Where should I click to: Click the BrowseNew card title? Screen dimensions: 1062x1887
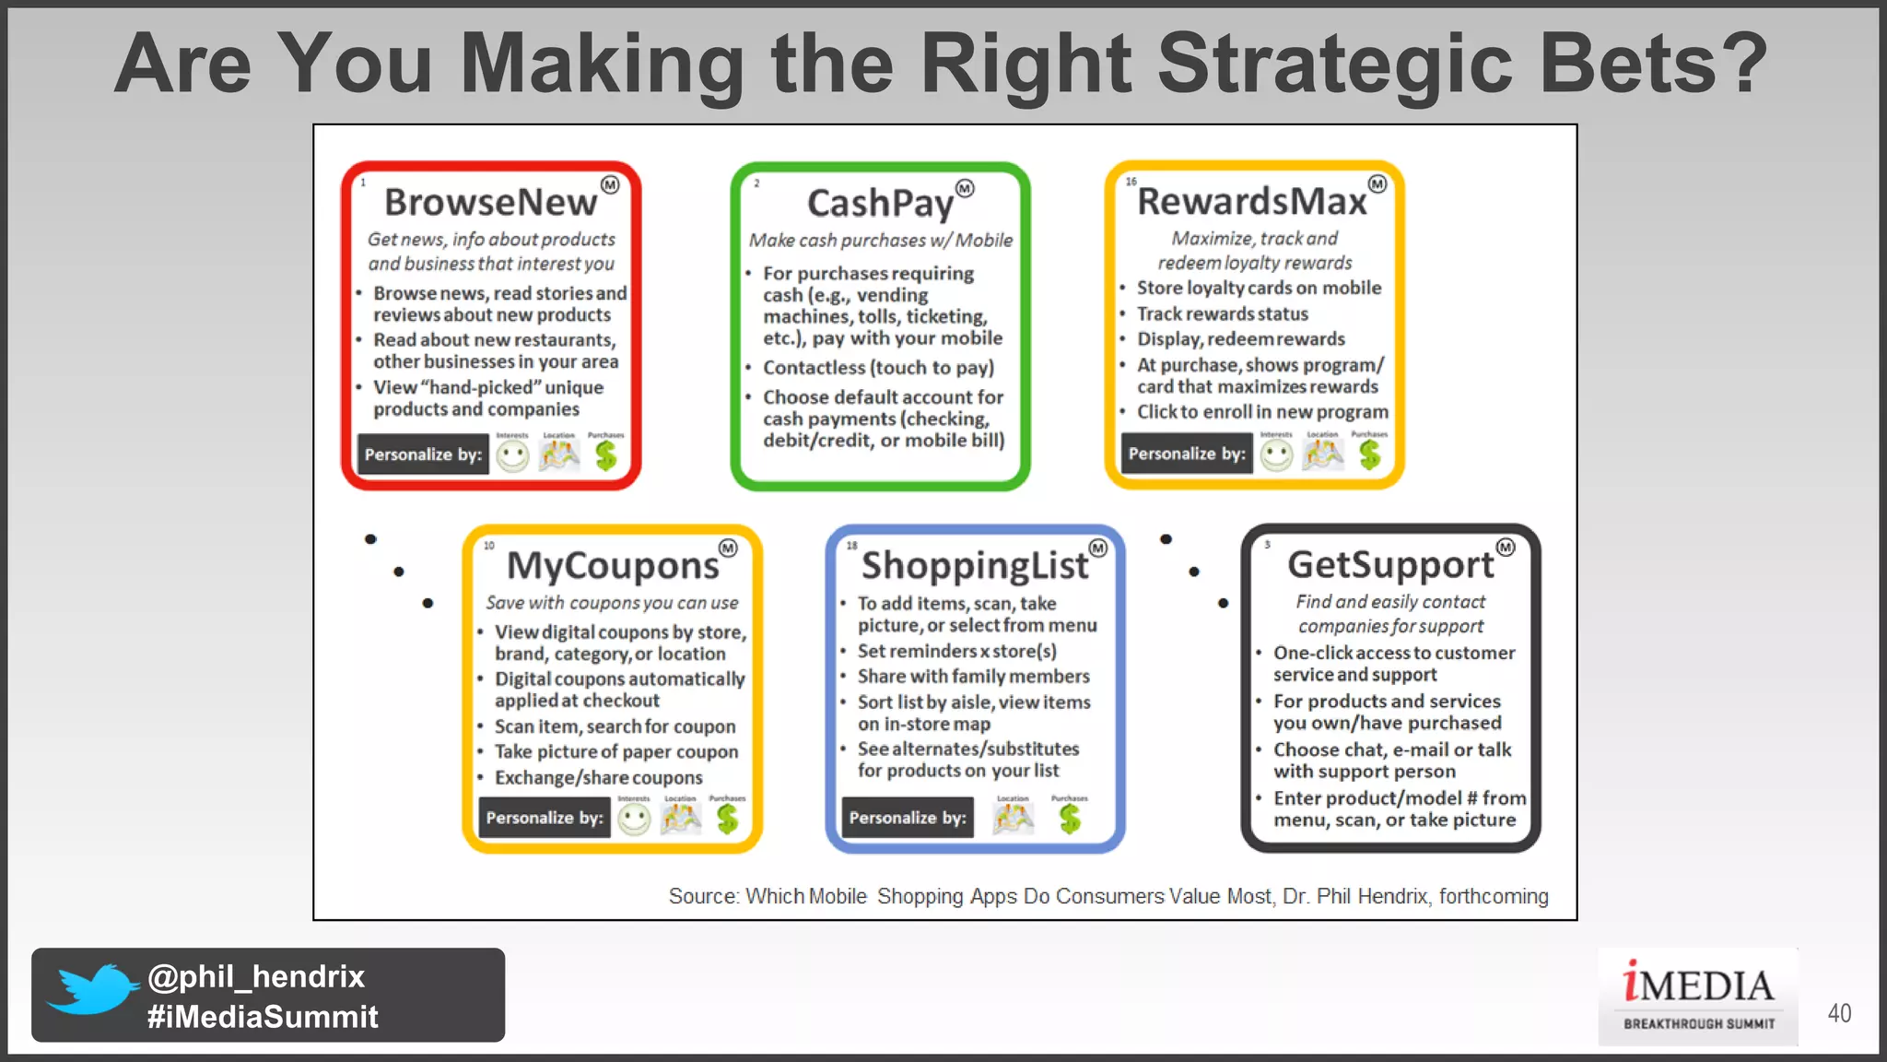tap(490, 202)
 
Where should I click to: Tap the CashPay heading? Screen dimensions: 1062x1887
tap(880, 204)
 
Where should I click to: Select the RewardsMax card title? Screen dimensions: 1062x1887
tap(1251, 201)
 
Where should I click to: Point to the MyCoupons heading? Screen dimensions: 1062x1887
tap(613, 565)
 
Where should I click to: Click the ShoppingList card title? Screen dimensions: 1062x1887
tap(975, 565)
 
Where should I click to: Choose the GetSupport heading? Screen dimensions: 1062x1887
tap(1390, 564)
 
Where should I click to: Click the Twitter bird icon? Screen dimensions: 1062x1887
tap(92, 990)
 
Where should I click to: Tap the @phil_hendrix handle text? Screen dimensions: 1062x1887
tap(256, 976)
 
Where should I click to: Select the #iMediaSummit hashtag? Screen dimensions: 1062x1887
tap(263, 1017)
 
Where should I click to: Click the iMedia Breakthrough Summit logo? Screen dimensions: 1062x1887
tap(1698, 997)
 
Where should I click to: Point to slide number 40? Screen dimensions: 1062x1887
tap(1839, 1013)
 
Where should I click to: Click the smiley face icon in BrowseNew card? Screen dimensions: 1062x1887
tap(512, 455)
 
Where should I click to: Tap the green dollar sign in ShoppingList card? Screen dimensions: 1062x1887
tap(1070, 819)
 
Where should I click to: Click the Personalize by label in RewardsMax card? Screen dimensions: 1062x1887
tap(1187, 454)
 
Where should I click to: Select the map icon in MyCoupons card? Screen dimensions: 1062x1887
tap(681, 819)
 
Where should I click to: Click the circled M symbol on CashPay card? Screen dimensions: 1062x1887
tap(965, 188)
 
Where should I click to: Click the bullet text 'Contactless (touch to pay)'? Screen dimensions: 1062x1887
tap(878, 368)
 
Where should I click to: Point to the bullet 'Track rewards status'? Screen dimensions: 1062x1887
tap(1222, 314)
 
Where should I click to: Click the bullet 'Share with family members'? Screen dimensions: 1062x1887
tap(973, 677)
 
